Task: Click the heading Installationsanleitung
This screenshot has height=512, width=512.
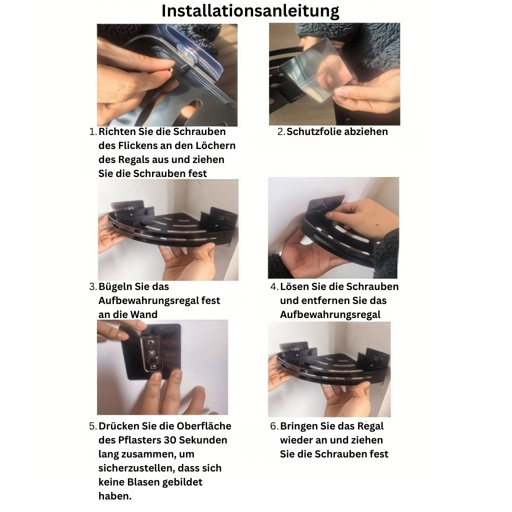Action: [x=250, y=11]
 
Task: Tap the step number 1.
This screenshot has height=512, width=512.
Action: [x=93, y=131]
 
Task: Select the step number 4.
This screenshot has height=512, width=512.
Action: [x=274, y=286]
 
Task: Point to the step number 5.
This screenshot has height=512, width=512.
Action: [x=93, y=426]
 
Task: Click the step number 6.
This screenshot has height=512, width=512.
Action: [x=274, y=426]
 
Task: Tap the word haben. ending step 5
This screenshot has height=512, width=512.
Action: [x=115, y=496]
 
